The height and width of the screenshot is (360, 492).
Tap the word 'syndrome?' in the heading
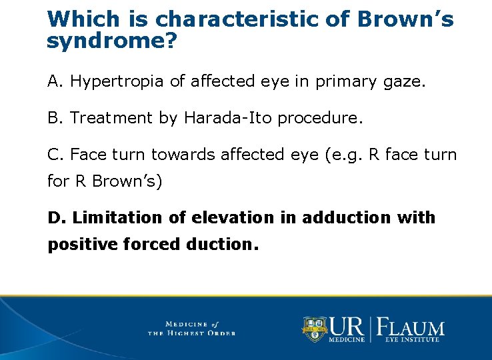click(112, 42)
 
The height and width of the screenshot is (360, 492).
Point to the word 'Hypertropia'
click(118, 82)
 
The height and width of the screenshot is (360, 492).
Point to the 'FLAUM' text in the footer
click(411, 327)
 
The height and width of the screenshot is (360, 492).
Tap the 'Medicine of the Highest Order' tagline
click(191, 328)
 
